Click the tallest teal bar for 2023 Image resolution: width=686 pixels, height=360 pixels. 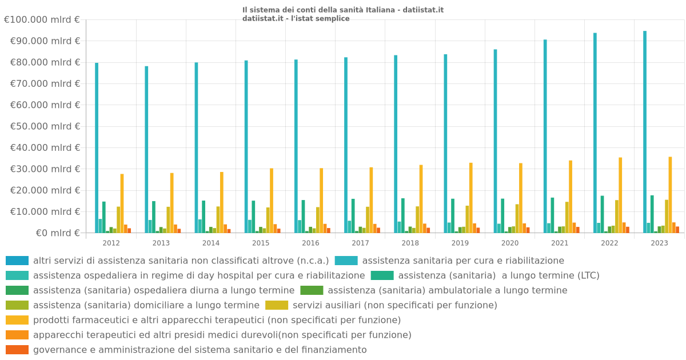[645, 131]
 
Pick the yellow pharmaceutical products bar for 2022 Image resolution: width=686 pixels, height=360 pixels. [620, 195]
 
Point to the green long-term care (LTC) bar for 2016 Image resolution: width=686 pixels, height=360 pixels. [303, 217]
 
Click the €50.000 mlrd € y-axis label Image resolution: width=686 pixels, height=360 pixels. [45, 126]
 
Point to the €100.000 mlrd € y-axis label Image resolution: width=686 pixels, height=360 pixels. [42, 20]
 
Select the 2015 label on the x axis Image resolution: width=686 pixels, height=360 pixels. [261, 243]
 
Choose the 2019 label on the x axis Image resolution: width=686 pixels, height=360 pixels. [460, 243]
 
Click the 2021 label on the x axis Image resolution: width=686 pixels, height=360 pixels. [560, 243]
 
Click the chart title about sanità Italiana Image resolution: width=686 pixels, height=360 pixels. [342, 10]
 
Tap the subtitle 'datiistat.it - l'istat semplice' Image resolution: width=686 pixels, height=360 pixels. [296, 18]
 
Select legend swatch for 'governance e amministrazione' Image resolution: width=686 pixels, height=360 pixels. [17, 350]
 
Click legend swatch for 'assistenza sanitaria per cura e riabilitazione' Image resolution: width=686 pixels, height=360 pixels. [346, 261]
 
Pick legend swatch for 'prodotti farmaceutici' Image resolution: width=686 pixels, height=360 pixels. [17, 320]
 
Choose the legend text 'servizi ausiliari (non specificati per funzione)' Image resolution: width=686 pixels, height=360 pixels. [394, 305]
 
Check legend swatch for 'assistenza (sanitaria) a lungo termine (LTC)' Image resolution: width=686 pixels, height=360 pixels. [382, 275]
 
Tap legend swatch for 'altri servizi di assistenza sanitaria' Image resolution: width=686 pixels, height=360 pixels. [17, 261]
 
